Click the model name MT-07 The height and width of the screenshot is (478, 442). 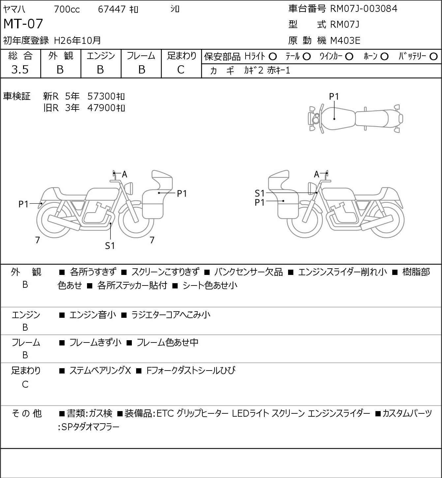pyautogui.click(x=23, y=24)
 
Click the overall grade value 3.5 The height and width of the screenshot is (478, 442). pyautogui.click(x=20, y=70)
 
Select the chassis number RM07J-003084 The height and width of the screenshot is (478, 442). pyautogui.click(x=364, y=9)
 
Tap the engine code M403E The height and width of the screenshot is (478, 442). pyautogui.click(x=345, y=41)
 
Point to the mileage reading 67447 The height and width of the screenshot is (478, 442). pyautogui.click(x=111, y=9)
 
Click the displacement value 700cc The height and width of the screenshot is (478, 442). pyautogui.click(x=67, y=9)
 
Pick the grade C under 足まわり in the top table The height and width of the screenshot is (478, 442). pyautogui.click(x=181, y=70)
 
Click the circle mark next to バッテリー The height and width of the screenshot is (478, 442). pyautogui.click(x=433, y=56)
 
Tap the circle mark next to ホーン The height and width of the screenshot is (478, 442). pyautogui.click(x=384, y=57)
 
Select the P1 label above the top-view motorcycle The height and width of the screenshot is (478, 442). pyautogui.click(x=334, y=97)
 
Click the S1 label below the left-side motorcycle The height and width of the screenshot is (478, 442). pyautogui.click(x=110, y=246)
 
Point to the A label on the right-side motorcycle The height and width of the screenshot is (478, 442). pyautogui.click(x=316, y=174)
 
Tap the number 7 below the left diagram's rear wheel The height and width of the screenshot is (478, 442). pyautogui.click(x=37, y=240)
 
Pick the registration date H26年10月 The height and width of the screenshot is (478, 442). pyautogui.click(x=77, y=41)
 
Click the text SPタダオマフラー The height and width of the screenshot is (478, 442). pyautogui.click(x=90, y=427)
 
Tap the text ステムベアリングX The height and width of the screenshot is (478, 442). pyautogui.click(x=100, y=371)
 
